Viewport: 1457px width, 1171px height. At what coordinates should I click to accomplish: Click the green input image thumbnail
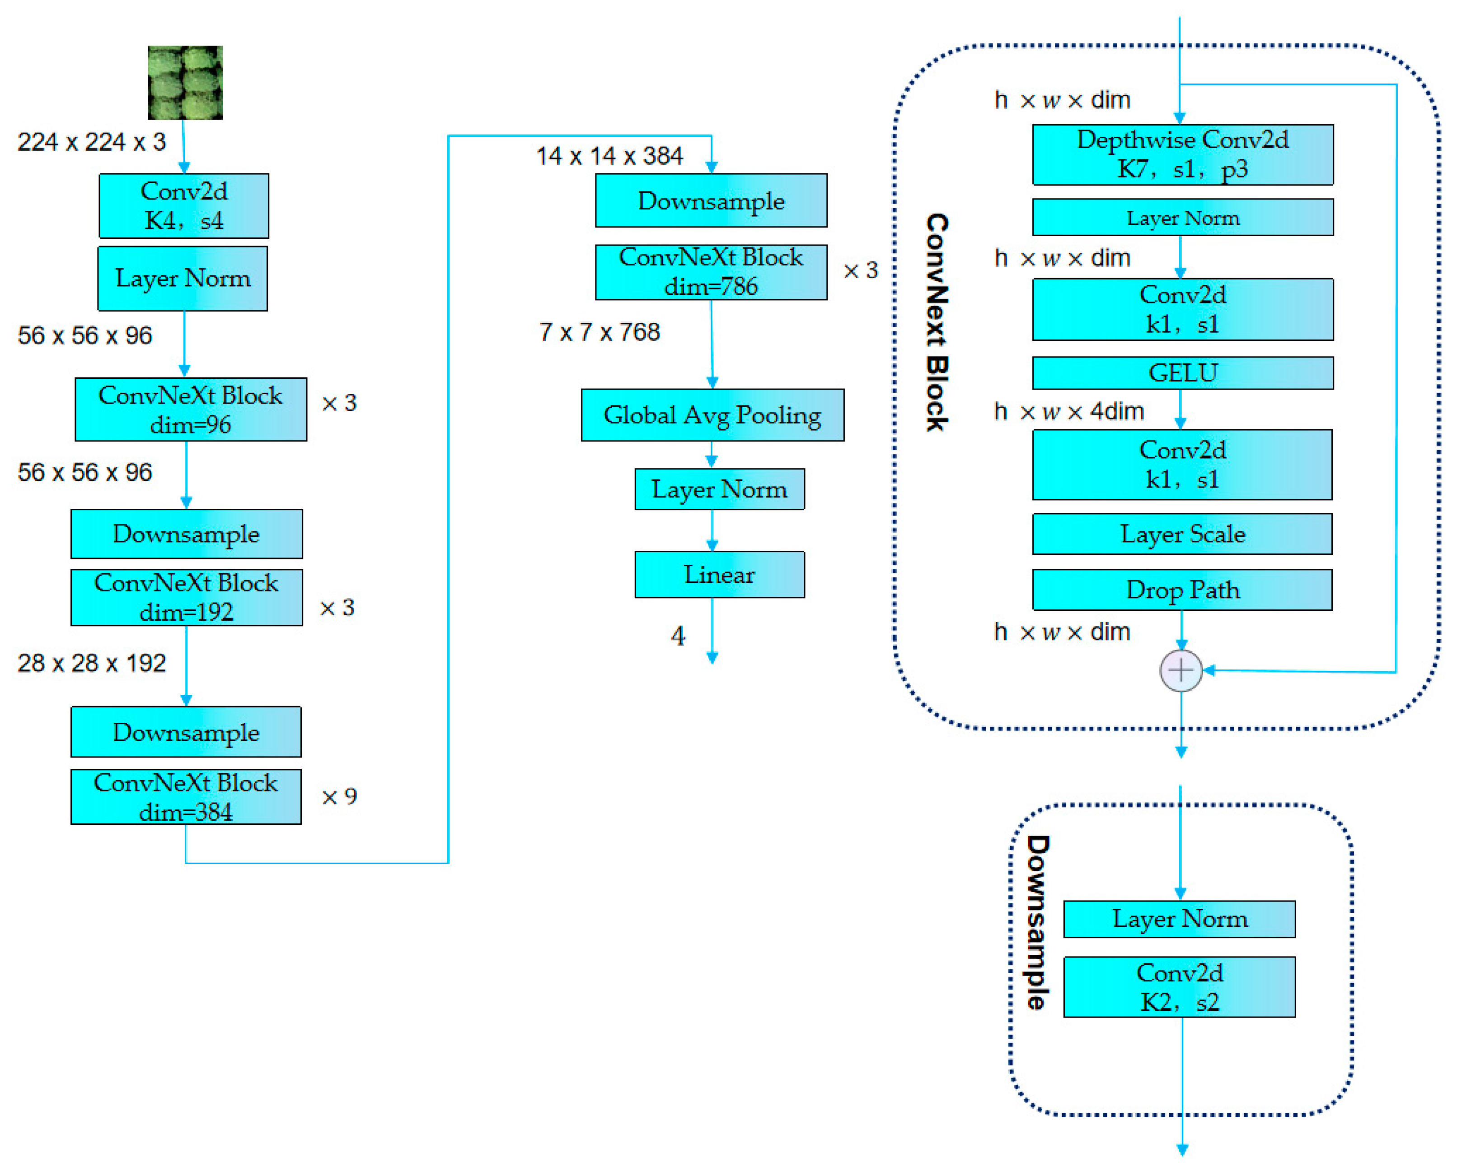185,83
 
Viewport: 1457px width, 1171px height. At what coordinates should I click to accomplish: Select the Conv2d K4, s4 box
184,206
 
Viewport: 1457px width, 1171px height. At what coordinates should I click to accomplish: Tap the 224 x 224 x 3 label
91,142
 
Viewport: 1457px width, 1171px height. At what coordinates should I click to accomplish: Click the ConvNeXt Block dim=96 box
191,409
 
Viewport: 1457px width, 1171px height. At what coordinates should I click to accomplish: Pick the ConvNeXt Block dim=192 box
187,597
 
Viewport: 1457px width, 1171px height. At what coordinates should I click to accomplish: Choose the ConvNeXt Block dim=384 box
186,796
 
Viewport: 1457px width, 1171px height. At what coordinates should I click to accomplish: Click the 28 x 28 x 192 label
91,663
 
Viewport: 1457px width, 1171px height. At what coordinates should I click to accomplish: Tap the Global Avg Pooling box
712,415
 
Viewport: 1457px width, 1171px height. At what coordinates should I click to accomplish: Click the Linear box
719,574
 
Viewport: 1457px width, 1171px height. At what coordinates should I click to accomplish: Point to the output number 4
678,636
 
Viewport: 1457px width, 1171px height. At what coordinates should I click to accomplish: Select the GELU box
1183,373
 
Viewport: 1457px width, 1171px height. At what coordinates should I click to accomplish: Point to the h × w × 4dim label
1068,411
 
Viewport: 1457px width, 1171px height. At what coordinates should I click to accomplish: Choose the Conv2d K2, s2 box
1179,987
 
